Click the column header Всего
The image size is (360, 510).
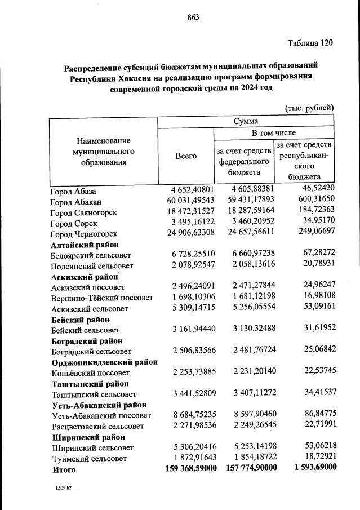185,156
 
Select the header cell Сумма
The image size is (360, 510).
246,121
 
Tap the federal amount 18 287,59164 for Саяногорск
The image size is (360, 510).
245,212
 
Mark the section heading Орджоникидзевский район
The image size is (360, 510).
104,362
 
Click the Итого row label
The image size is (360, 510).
64,469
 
